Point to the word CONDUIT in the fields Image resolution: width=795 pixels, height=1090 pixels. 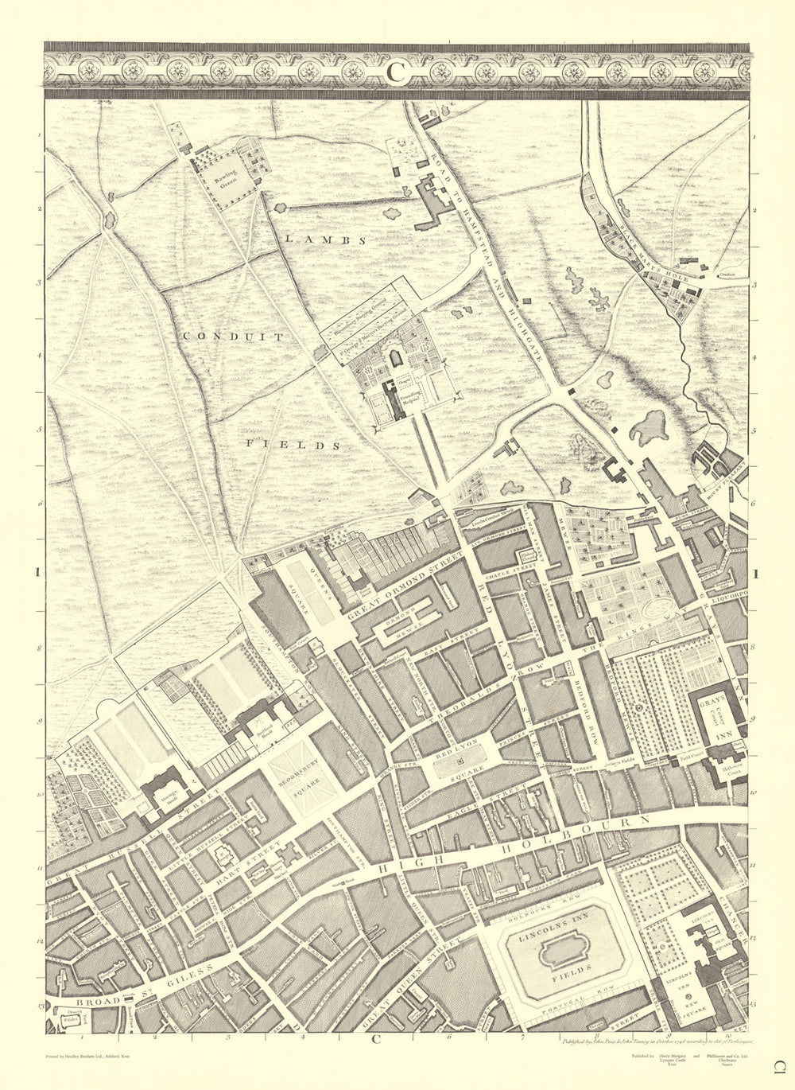[233, 337]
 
